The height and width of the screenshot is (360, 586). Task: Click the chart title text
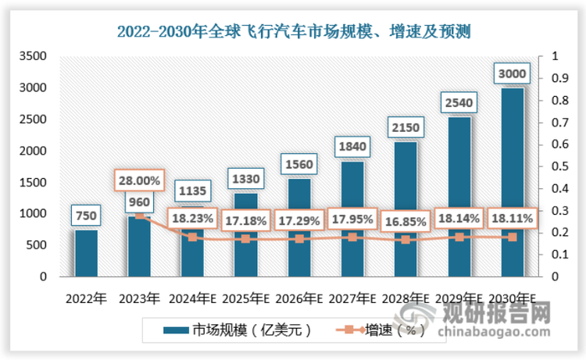tap(293, 31)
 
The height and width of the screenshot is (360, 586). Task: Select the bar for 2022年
tap(87, 253)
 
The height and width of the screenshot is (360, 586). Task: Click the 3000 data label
tap(512, 74)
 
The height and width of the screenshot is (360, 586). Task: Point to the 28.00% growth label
tap(140, 180)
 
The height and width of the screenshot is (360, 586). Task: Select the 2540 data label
tap(459, 103)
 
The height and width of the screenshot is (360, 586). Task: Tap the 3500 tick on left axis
tap(34, 57)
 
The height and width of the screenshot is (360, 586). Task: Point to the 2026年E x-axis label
tap(299, 298)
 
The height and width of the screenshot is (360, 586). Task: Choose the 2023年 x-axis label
tap(140, 298)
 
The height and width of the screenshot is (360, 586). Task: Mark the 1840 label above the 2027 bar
tap(352, 147)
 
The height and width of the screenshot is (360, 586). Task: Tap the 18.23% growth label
tap(193, 220)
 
